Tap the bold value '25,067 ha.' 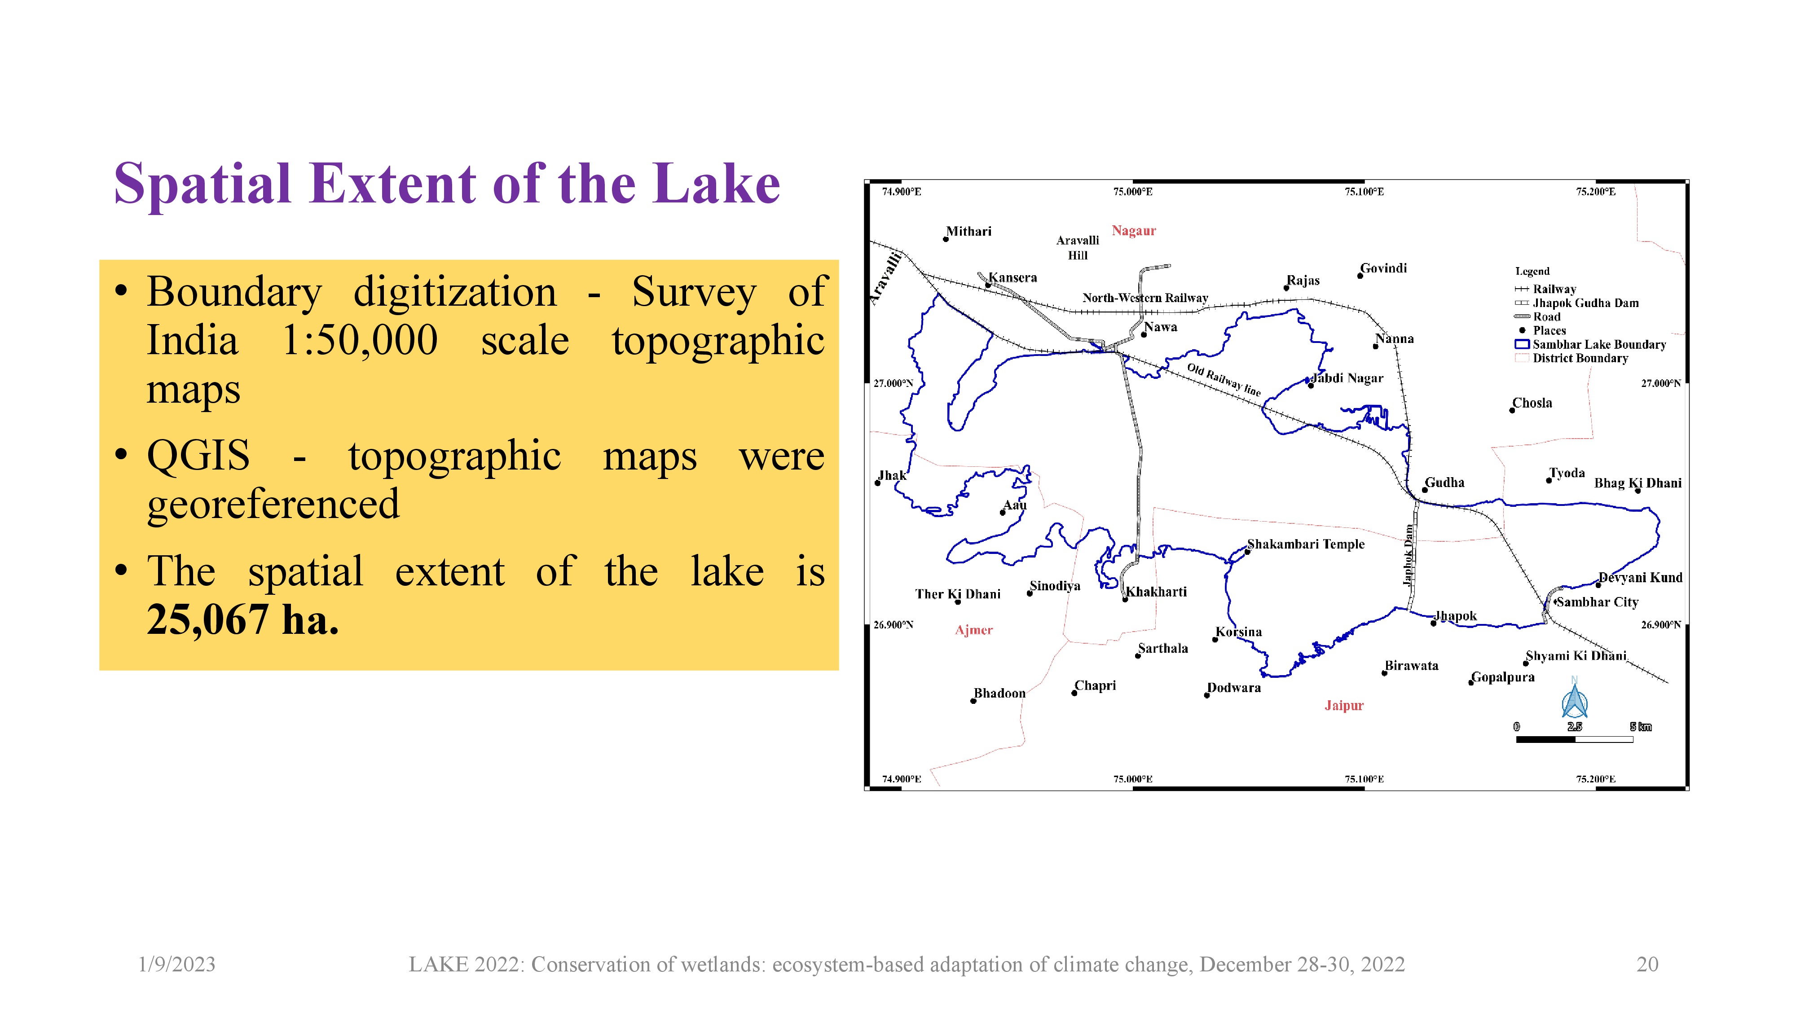coord(242,619)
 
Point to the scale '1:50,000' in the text coord(360,340)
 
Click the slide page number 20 coord(1647,964)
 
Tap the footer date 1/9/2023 coord(177,964)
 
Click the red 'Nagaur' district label coord(1134,231)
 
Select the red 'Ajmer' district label coord(974,630)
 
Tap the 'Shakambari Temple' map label coord(1306,544)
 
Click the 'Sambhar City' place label coord(1597,602)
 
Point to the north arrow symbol coord(1574,698)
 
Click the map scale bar coord(1574,739)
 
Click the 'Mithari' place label coord(968,232)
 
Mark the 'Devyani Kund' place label coord(1641,577)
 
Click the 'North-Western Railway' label coord(1145,298)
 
